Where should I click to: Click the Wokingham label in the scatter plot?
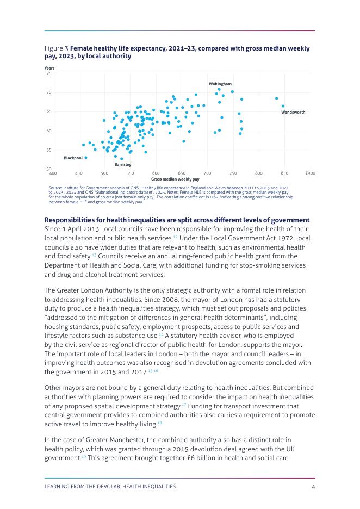[x=220, y=84]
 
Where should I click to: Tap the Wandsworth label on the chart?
[x=293, y=113]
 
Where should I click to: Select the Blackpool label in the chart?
[x=73, y=158]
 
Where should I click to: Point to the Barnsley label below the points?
[x=123, y=164]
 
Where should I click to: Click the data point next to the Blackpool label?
[x=86, y=158]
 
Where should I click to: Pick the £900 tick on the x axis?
[x=311, y=173]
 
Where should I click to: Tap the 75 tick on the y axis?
[x=49, y=73]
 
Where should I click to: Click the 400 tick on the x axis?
[x=53, y=173]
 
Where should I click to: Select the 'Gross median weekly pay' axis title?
[x=175, y=179]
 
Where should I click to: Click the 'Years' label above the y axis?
[x=49, y=68]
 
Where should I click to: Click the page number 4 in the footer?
[x=314, y=487]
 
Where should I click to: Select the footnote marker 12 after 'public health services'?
[x=175, y=237]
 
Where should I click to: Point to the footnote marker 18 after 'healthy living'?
[x=160, y=423]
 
